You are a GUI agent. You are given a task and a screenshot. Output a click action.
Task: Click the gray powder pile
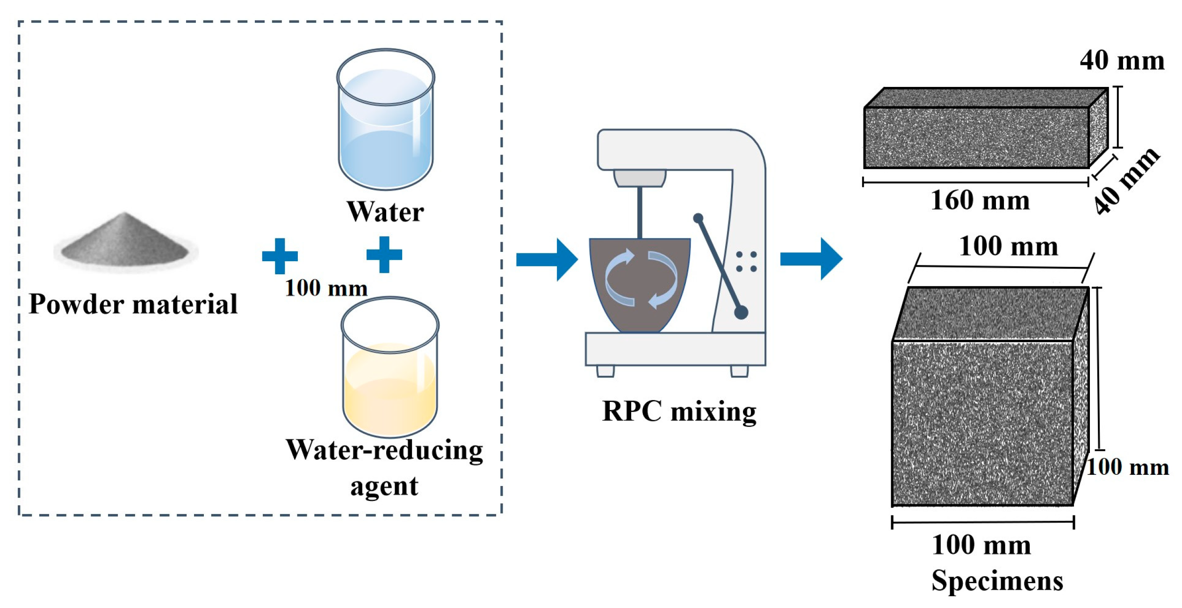pos(125,241)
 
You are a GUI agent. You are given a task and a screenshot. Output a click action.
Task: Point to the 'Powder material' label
pos(133,304)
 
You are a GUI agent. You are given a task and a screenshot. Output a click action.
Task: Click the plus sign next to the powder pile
pos(280,256)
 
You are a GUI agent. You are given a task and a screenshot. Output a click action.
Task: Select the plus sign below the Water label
pos(384,254)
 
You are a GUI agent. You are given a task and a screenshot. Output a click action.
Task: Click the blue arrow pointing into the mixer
pos(547,259)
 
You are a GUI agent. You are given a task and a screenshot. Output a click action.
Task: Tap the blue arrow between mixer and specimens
pos(811,258)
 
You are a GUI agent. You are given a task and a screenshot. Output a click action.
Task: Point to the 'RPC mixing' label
pos(679,411)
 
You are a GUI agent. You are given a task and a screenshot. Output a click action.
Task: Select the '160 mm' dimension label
pos(980,200)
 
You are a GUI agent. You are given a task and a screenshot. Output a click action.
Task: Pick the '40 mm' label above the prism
pos(1122,61)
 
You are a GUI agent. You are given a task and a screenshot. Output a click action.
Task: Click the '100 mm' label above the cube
pos(1009,246)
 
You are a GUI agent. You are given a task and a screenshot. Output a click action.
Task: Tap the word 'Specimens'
pos(997,581)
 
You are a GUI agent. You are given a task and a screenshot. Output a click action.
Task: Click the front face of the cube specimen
pos(982,423)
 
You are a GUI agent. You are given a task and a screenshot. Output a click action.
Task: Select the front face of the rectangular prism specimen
pos(976,137)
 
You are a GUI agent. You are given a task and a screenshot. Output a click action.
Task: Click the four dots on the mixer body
pos(746,261)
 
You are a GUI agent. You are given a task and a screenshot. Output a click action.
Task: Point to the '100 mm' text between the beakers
pos(326,288)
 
